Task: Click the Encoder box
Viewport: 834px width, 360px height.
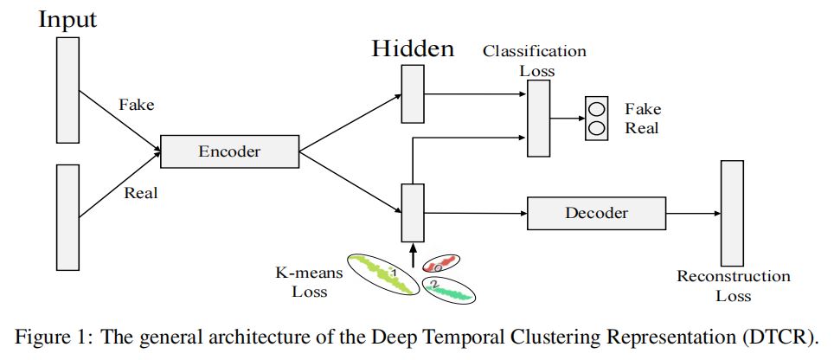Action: coord(229,151)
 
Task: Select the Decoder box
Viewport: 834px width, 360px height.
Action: coord(596,212)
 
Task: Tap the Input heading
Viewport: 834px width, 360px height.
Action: coord(67,19)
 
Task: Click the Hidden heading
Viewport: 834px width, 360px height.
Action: coord(413,48)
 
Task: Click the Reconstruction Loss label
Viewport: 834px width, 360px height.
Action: coord(733,286)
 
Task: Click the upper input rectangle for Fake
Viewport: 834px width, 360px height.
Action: coord(67,89)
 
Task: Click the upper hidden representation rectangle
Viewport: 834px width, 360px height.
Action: coord(413,94)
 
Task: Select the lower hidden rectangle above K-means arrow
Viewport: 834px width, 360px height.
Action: coord(413,212)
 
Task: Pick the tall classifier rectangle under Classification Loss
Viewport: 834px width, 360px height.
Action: coord(538,119)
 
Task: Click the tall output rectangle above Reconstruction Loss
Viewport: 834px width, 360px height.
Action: coord(732,213)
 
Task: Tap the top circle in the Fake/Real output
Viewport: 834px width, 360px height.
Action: coord(596,109)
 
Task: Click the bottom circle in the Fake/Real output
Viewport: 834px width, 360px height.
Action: coord(596,128)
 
